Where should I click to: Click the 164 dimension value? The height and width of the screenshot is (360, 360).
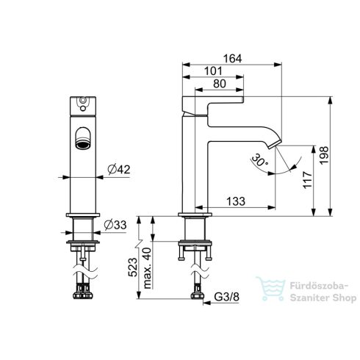pyautogui.click(x=232, y=59)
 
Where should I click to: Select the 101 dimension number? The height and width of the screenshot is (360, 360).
pyautogui.click(x=213, y=71)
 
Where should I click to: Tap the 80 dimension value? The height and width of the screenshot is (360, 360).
pyautogui.click(x=220, y=84)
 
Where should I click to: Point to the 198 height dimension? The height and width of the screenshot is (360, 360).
pyautogui.click(x=324, y=156)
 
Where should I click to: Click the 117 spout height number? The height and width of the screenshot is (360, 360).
pyautogui.click(x=308, y=180)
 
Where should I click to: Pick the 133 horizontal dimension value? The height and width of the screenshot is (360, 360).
pyautogui.click(x=236, y=201)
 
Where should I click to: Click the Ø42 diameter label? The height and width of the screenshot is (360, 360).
pyautogui.click(x=119, y=170)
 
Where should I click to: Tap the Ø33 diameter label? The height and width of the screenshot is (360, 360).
pyautogui.click(x=115, y=225)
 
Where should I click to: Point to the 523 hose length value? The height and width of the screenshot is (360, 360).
pyautogui.click(x=133, y=267)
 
